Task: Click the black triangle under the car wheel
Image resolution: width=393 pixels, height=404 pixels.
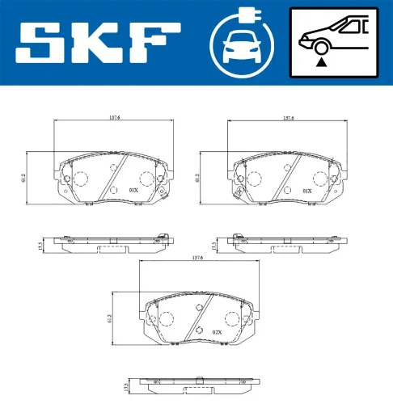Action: pyautogui.click(x=322, y=60)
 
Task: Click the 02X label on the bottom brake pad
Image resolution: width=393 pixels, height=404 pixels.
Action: pyautogui.click(x=216, y=332)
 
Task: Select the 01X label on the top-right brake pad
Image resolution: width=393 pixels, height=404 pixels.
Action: pyautogui.click(x=306, y=191)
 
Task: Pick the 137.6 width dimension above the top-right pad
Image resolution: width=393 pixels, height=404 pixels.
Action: pyautogui.click(x=288, y=116)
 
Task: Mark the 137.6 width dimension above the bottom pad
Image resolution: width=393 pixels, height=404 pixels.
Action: pyautogui.click(x=198, y=258)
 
